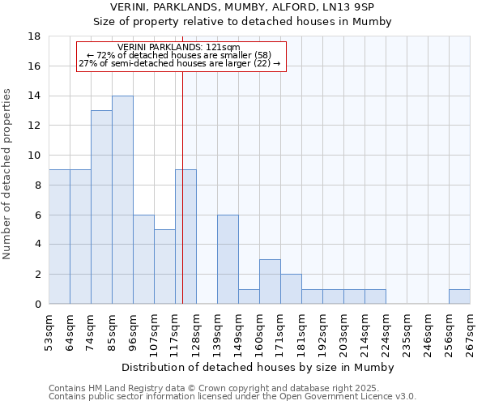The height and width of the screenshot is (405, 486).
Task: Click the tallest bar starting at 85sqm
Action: (x=122, y=200)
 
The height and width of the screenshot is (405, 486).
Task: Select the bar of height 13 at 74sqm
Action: (x=101, y=207)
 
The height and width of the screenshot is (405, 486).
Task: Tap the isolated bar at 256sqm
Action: (x=459, y=296)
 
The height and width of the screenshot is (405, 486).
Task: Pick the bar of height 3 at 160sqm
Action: (x=270, y=282)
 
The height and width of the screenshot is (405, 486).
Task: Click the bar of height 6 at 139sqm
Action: (x=228, y=259)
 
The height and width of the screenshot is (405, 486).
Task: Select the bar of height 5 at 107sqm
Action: (x=164, y=266)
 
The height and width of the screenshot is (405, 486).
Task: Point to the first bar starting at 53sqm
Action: (x=59, y=237)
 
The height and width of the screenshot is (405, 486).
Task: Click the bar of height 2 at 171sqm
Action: (x=291, y=289)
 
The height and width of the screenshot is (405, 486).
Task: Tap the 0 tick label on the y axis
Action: (x=38, y=305)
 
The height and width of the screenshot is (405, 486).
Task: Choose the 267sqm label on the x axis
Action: (x=470, y=333)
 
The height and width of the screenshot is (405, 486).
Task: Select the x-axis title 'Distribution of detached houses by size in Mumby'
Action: (x=259, y=368)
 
